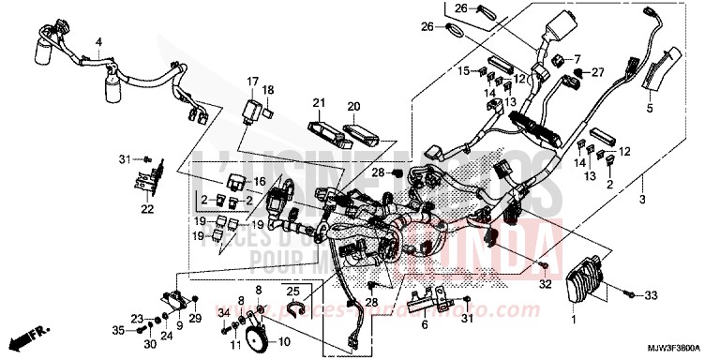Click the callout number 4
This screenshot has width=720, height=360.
97,43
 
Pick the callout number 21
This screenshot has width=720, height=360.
318,103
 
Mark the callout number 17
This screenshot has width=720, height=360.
252,81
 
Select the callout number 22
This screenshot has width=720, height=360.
146,208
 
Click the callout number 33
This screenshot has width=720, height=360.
651,295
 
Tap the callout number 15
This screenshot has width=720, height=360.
462,70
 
